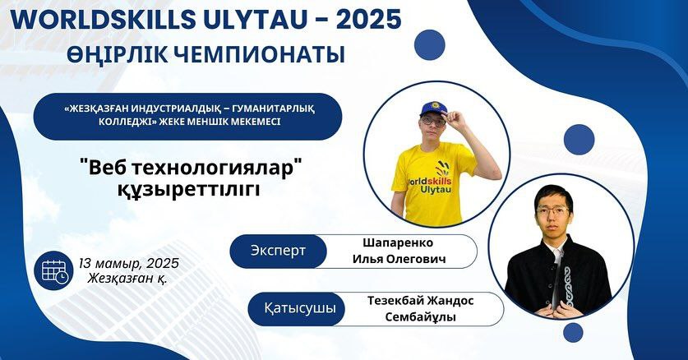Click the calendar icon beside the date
53,270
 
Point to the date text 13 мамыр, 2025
129,263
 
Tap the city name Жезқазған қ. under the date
127,278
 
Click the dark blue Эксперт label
278,252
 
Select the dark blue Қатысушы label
296,309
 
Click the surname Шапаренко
398,243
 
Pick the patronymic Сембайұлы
420,317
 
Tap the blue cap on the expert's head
432,108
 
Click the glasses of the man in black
552,211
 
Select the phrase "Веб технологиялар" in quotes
192,168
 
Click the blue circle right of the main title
430,44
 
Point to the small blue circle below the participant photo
573,333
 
